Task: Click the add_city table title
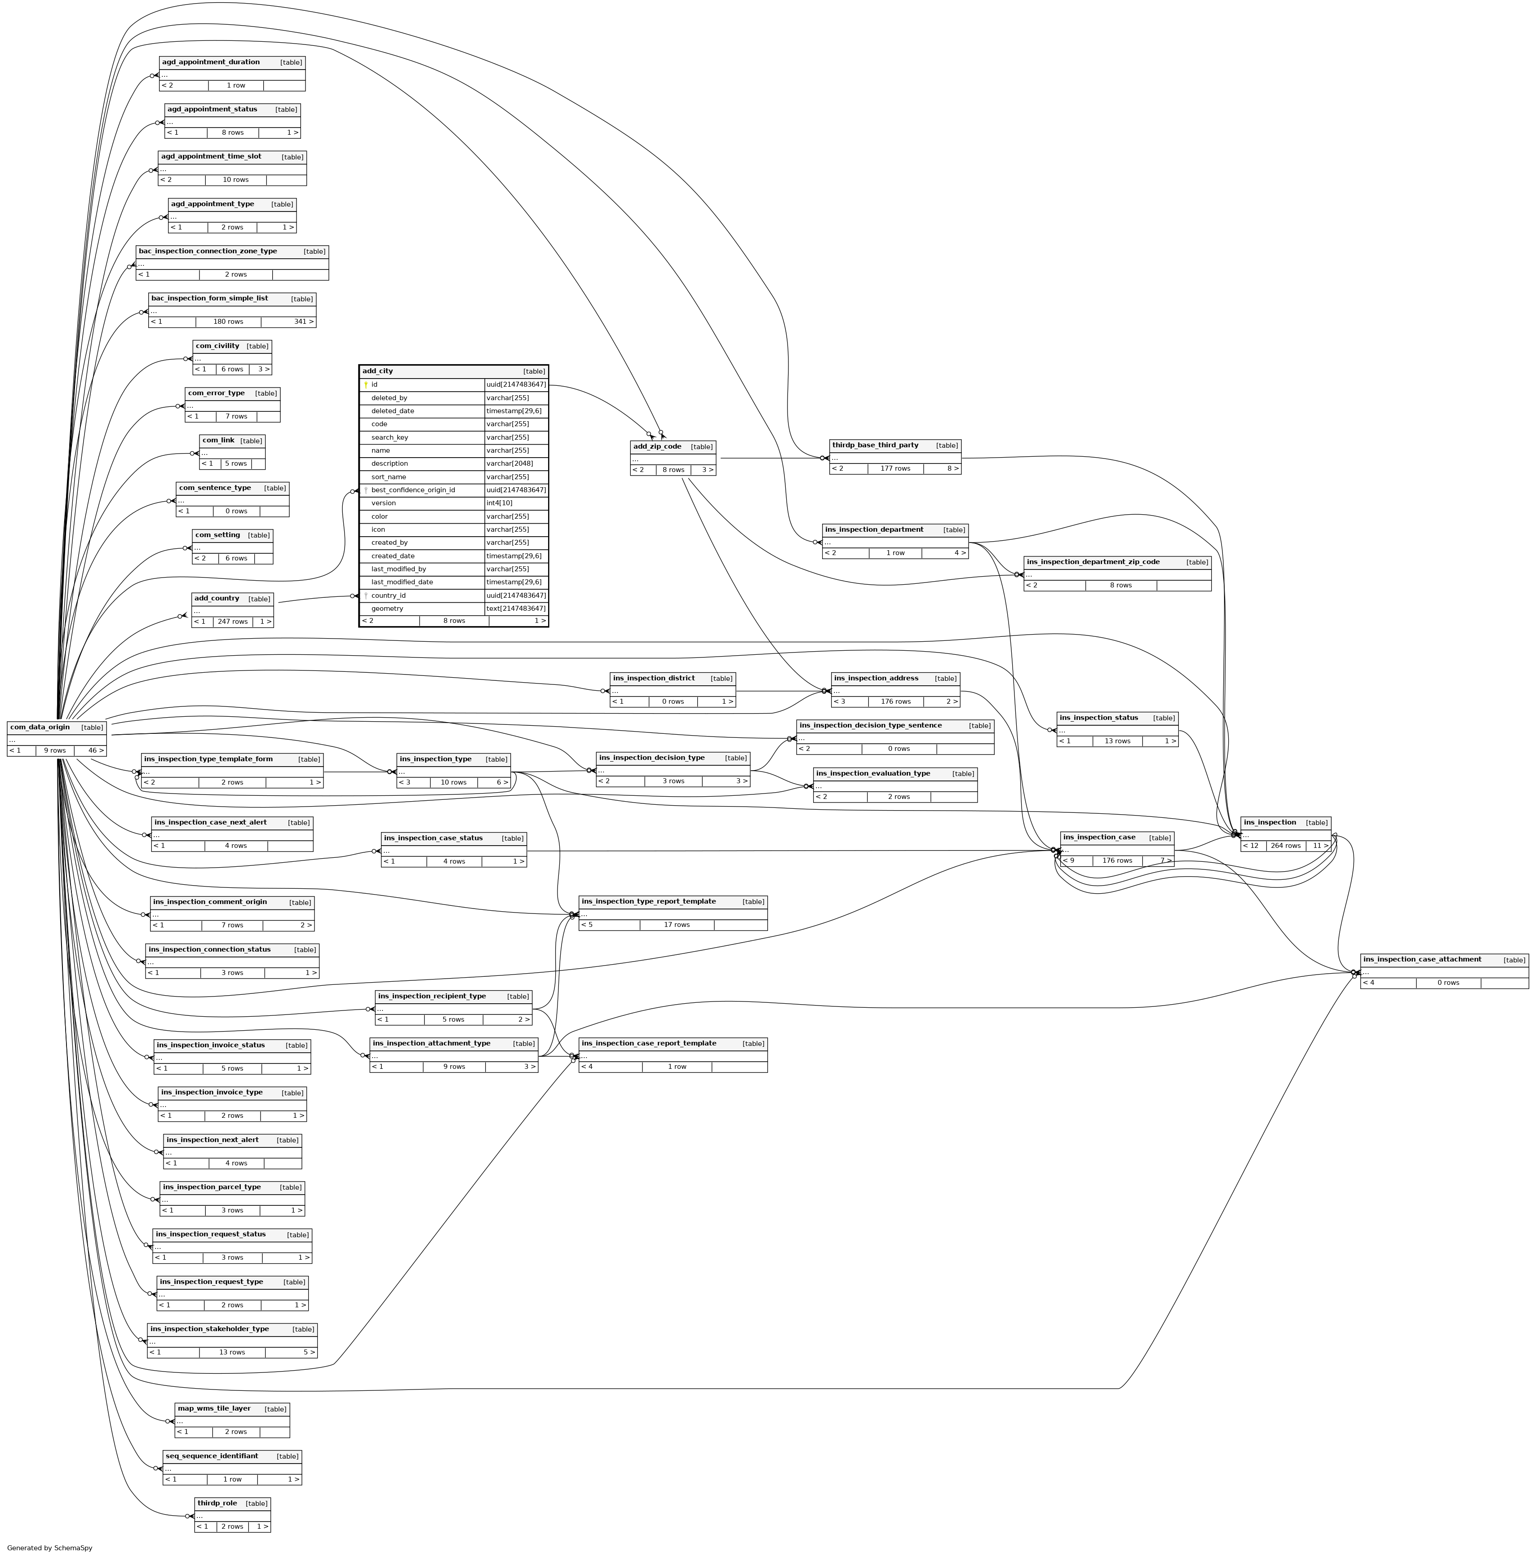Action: tap(378, 371)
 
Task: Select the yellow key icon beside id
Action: tap(365, 384)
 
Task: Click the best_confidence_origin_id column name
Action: tap(413, 490)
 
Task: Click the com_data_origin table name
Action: tap(40, 727)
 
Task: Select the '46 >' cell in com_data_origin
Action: tap(96, 750)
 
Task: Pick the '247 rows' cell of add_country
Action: tap(233, 622)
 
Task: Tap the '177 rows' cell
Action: tap(895, 468)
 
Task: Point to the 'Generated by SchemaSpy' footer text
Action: tap(50, 1547)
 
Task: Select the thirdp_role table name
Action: tap(217, 1503)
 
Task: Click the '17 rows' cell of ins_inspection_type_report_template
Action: tap(677, 924)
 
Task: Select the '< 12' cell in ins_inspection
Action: tap(1251, 845)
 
